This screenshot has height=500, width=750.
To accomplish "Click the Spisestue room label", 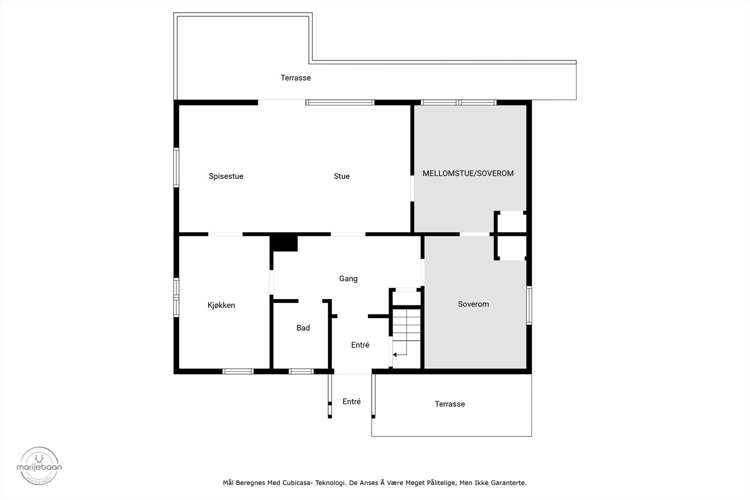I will (x=226, y=177).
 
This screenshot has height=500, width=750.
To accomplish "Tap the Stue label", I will (x=341, y=176).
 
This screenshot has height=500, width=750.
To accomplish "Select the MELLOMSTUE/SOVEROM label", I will (x=468, y=173).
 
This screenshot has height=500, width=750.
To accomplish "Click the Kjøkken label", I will (x=221, y=305).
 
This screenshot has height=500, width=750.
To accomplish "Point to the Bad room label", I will (x=303, y=328).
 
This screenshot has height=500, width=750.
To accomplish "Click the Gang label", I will (x=348, y=279).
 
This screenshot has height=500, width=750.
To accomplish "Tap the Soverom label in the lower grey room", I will (x=473, y=304).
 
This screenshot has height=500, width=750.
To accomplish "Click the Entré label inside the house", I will (x=360, y=345).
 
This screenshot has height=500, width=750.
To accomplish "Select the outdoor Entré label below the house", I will (x=352, y=402).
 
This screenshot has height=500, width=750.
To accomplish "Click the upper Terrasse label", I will (x=295, y=78).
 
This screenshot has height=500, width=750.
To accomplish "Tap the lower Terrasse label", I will (x=450, y=404).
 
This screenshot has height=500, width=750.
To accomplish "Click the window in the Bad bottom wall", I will (x=301, y=371).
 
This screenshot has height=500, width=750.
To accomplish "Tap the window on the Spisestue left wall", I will (x=176, y=167).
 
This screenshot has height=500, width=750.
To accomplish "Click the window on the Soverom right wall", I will (x=529, y=305).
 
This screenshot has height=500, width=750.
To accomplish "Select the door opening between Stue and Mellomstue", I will (x=412, y=188).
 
